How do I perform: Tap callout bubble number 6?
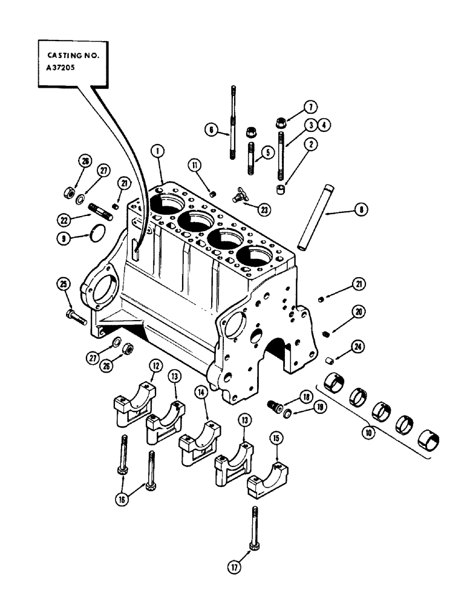pyautogui.click(x=211, y=130)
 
